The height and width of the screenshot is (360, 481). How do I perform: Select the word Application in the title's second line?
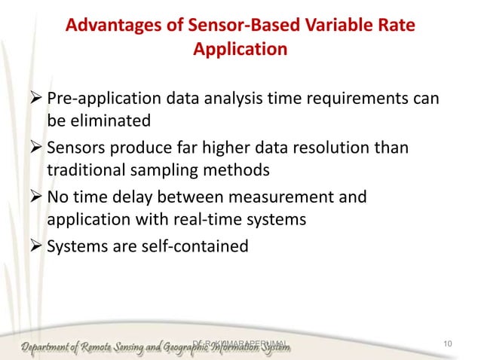tap(240, 51)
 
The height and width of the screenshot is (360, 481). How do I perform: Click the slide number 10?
tap(449, 344)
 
